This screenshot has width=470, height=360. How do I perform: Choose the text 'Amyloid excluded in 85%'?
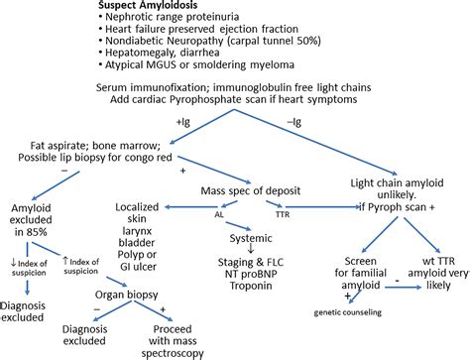point(40,207)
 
